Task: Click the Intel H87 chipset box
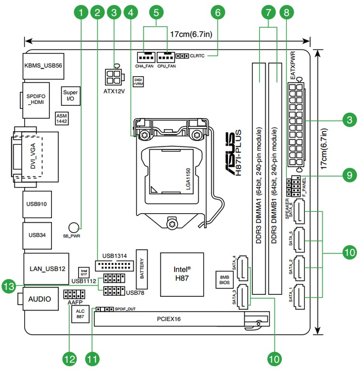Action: click(181, 273)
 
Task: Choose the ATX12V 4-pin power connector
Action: click(114, 77)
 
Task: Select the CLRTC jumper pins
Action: click(183, 57)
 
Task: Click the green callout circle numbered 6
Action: click(217, 12)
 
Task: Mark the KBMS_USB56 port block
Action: click(44, 65)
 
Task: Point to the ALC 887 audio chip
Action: click(80, 314)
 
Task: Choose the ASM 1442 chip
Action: click(62, 117)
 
